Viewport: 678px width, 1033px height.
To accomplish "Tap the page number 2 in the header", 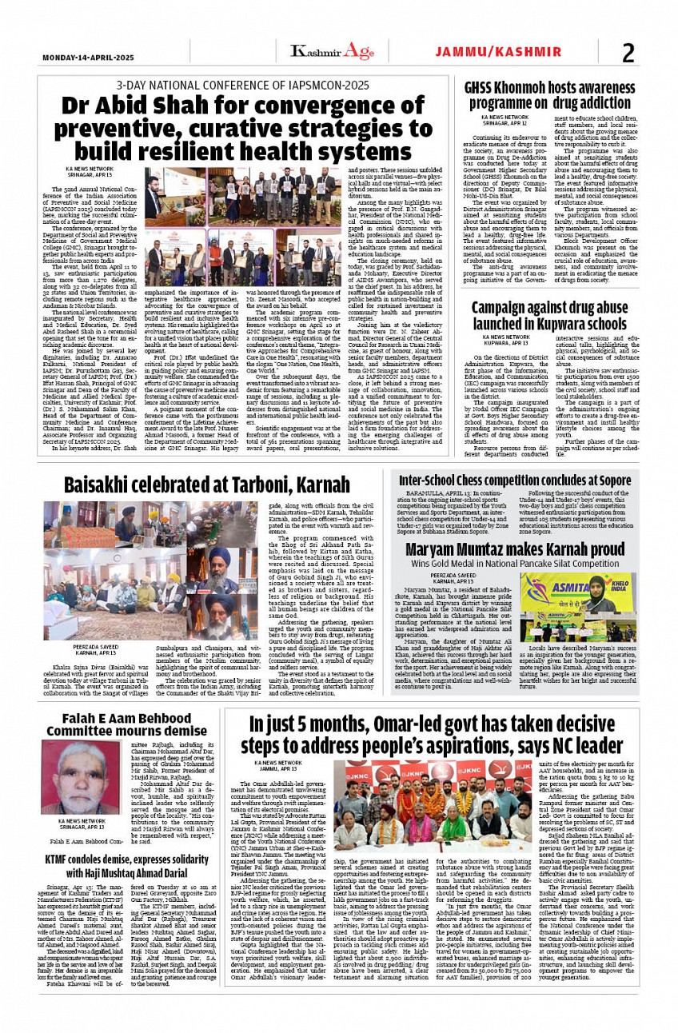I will click(628, 53).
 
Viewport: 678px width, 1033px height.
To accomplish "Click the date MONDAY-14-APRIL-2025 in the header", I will click(88, 58).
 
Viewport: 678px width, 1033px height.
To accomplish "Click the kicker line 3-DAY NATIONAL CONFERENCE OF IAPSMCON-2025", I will click(242, 85).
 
